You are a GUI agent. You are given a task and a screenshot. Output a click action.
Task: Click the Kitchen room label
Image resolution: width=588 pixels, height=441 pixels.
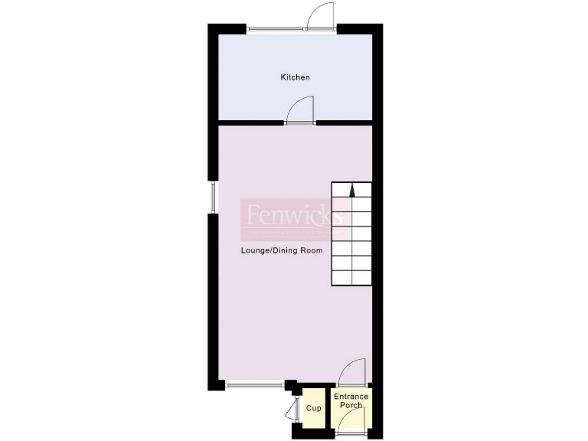(x=295, y=77)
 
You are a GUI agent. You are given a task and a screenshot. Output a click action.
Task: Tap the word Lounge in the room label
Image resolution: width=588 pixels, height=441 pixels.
(x=254, y=250)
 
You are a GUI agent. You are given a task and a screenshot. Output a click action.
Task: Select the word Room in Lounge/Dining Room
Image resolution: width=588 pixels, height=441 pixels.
(x=311, y=250)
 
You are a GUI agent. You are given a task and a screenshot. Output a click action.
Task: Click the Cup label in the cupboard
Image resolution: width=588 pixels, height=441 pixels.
(x=313, y=408)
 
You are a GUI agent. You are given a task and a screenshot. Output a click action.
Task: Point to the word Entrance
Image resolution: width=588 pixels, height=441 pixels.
(x=351, y=397)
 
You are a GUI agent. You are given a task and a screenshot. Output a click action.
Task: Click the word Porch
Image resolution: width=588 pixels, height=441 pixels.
(x=351, y=405)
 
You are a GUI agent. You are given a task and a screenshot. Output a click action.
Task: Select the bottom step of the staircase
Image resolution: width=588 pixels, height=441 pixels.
(x=351, y=279)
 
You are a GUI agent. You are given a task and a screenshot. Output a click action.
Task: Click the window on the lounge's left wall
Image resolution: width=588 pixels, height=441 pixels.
(x=214, y=197)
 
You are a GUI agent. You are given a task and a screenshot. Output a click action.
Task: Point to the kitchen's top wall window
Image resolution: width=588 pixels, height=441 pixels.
(x=276, y=30)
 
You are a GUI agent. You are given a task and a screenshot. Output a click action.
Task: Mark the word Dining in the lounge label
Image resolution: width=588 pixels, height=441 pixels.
(x=283, y=250)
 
